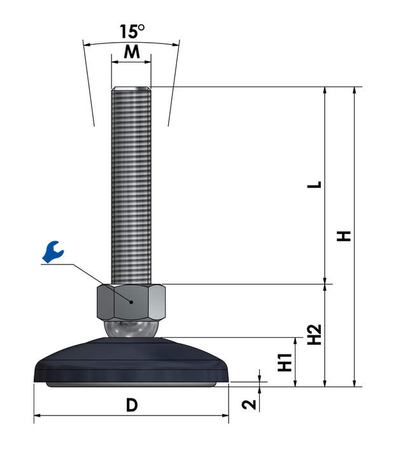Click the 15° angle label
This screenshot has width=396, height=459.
[x=132, y=31]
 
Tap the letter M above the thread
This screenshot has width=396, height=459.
[x=132, y=52]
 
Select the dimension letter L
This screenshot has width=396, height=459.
[x=315, y=185]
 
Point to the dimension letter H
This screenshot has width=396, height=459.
[x=344, y=236]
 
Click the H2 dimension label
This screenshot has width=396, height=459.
[x=315, y=335]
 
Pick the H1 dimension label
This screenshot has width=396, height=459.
[x=285, y=362]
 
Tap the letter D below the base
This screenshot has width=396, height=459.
[x=132, y=405]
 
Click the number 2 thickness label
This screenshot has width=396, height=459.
[x=249, y=405]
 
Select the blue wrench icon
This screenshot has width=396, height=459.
[x=53, y=252]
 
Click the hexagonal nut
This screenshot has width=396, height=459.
[x=131, y=302]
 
